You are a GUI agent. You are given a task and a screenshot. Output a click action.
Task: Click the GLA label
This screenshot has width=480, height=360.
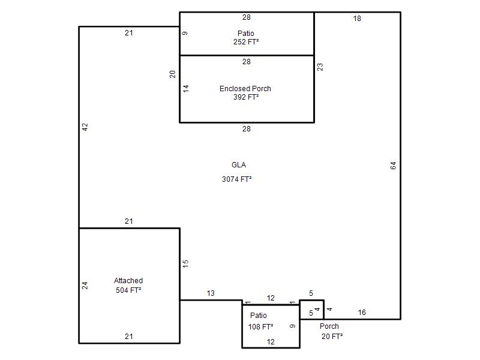point(239,165)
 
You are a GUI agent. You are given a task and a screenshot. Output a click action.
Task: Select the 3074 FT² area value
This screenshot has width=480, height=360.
point(236,179)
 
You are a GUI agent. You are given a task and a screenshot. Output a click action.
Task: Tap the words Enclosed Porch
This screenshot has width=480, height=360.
point(245,88)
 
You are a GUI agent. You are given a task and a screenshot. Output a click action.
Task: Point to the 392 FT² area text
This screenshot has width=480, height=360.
point(246,97)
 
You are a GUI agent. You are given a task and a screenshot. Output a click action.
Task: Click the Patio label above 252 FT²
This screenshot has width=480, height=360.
point(246,34)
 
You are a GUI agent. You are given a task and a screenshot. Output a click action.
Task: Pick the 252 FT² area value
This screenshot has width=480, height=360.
point(246,42)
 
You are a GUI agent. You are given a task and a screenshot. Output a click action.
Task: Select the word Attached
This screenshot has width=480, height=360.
point(128,281)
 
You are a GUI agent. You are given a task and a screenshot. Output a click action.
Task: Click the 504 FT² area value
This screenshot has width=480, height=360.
point(128,290)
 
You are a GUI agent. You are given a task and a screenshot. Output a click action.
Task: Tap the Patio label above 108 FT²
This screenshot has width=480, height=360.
point(259,316)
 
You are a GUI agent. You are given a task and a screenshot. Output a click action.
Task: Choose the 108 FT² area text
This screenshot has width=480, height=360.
point(260,326)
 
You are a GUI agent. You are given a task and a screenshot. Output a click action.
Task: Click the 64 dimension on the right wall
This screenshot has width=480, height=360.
point(394,166)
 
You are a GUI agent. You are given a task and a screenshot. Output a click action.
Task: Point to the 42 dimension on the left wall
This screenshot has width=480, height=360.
point(85,127)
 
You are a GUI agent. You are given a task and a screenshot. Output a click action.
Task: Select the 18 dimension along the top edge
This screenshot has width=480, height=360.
point(357,19)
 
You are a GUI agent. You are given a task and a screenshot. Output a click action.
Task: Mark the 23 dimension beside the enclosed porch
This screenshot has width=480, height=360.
point(320,67)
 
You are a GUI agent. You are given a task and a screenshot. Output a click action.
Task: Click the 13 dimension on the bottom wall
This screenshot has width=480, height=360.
point(211,293)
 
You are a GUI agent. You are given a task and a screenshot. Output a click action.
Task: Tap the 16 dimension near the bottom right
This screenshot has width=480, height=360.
point(362,313)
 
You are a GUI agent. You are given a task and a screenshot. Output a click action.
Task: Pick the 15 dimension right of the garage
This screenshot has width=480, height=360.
point(185,264)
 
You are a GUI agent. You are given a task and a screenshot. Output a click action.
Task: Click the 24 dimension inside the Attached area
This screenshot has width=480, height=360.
point(85,286)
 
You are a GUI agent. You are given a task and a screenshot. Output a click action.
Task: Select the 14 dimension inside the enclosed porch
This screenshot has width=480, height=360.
point(186,89)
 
